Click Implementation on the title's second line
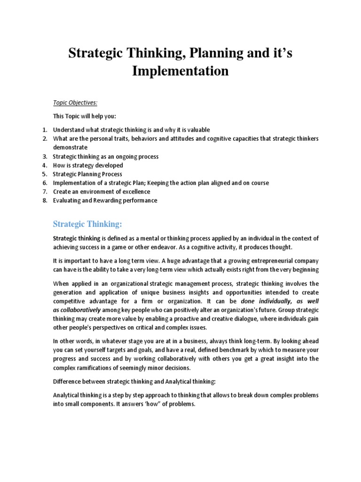pos(180,72)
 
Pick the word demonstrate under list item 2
pos(70,147)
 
